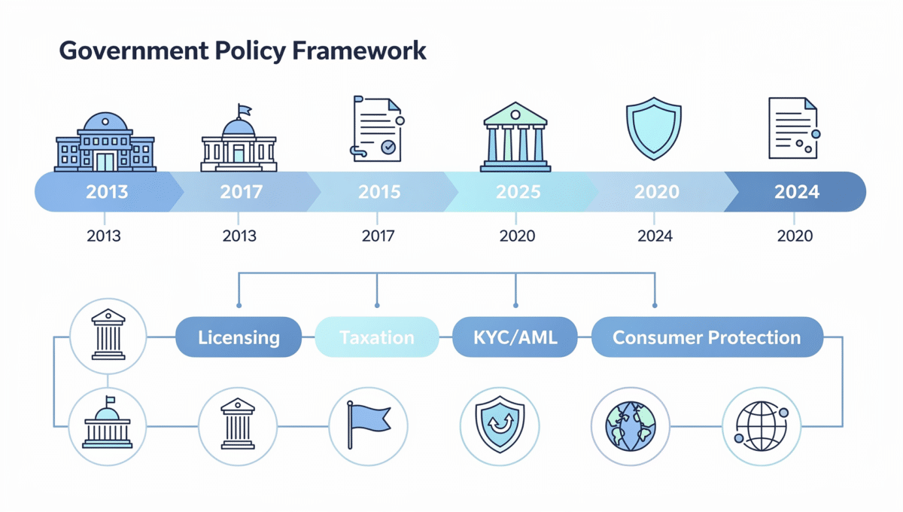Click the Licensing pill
239,337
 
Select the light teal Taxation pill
377,337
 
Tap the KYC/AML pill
515,337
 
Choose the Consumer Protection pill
707,337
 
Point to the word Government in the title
123,50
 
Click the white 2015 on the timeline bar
379,192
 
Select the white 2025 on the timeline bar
518,192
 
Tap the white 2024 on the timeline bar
796,192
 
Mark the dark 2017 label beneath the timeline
378,236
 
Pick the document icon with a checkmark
377,129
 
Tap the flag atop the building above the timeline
243,111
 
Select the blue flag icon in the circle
368,425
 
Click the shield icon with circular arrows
499,425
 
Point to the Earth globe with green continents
630,425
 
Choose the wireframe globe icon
761,425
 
